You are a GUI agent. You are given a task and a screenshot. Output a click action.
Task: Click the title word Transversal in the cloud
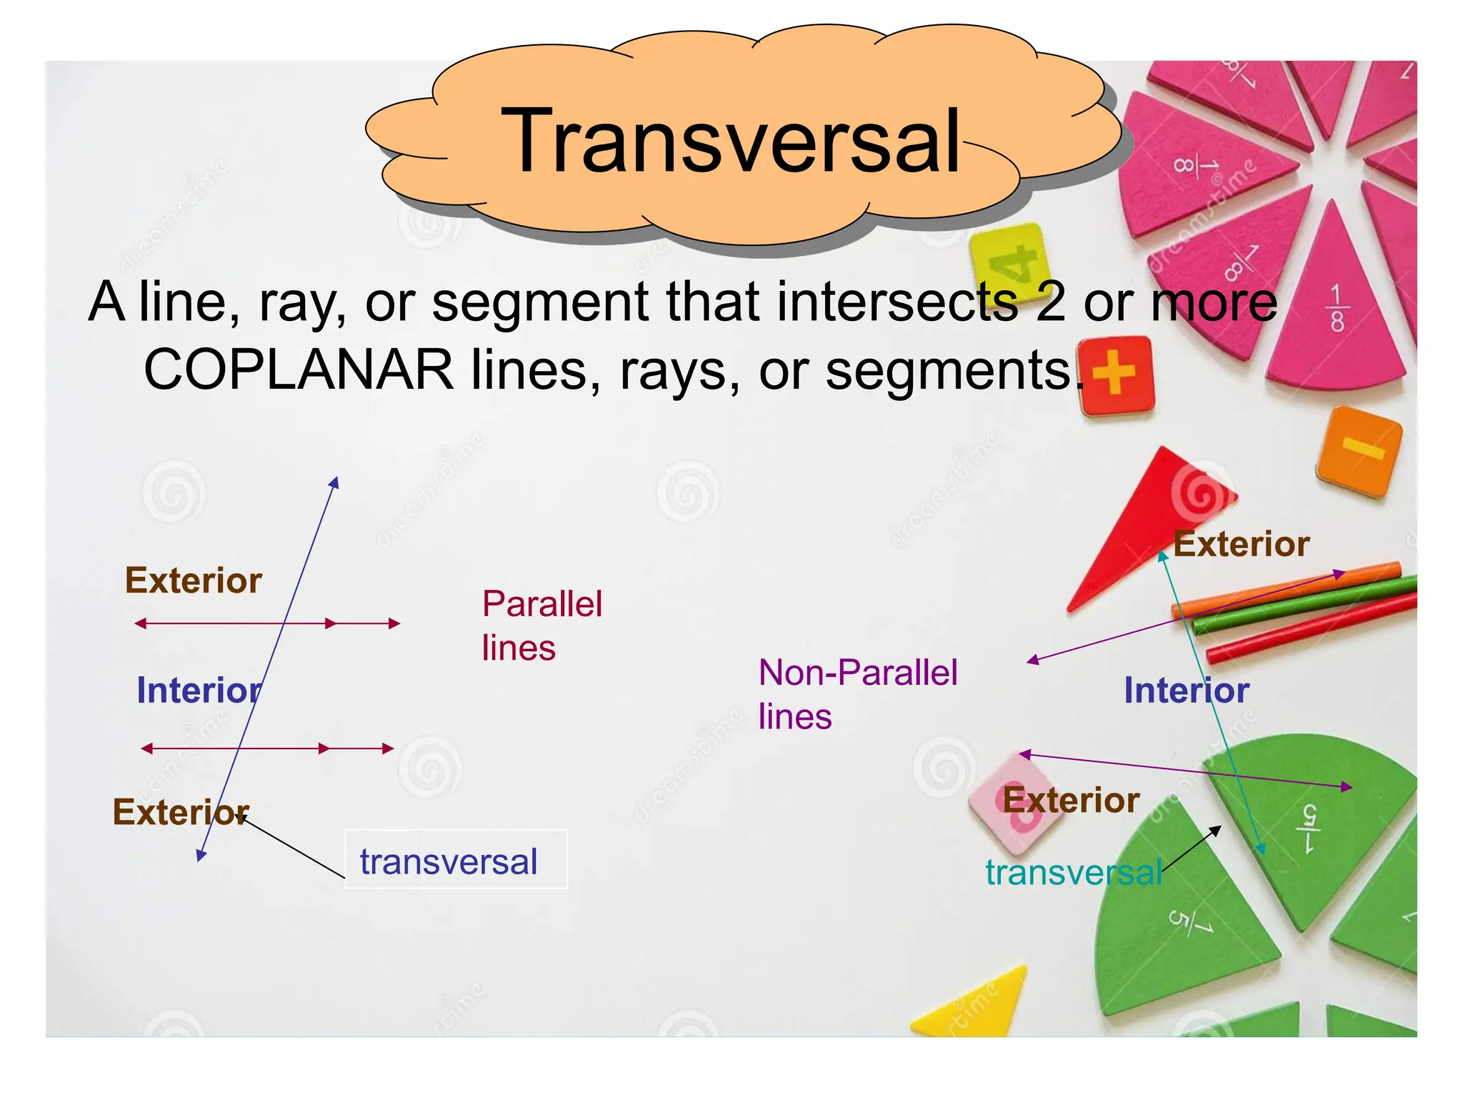[730, 141]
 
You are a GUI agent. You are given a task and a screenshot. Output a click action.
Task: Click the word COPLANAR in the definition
[299, 370]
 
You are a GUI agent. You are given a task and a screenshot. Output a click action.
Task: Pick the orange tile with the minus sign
[1359, 450]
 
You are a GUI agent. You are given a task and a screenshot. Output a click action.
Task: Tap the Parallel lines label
[541, 625]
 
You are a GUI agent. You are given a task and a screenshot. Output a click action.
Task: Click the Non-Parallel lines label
[857, 693]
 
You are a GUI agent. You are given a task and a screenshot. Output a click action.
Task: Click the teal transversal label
[1073, 872]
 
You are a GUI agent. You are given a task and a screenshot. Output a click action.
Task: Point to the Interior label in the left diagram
[199, 691]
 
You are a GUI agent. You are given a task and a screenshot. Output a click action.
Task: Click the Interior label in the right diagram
[1186, 691]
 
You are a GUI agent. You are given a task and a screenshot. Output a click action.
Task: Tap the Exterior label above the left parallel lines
[193, 580]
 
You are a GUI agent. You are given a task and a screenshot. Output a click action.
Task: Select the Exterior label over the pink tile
[1070, 800]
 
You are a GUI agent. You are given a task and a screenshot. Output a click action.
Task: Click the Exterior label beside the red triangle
[1241, 544]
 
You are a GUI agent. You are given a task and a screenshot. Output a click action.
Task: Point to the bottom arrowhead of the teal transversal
[1261, 849]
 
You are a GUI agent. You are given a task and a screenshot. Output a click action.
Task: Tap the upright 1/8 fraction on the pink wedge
[1337, 309]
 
